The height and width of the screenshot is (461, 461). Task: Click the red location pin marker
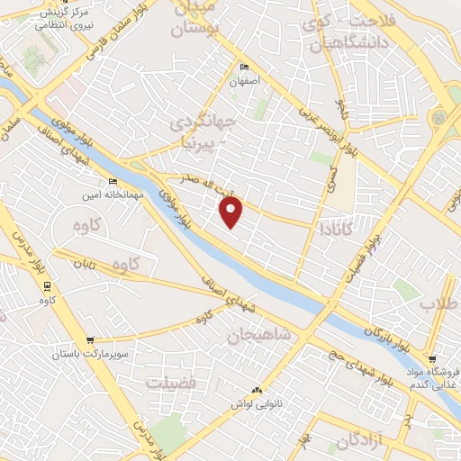pos(231,212)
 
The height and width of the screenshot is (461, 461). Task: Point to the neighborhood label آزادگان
pos(361,442)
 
